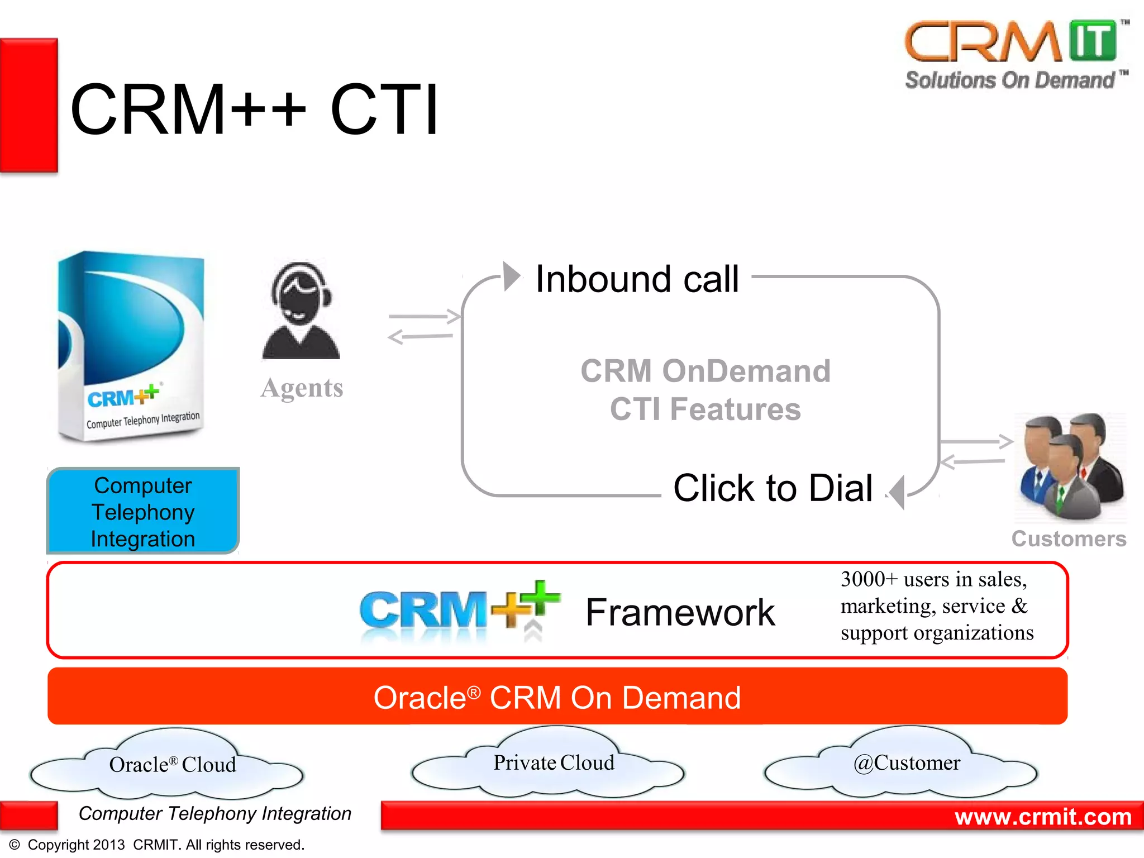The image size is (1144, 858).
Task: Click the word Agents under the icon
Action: [302, 388]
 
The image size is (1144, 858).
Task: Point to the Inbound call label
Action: [637, 279]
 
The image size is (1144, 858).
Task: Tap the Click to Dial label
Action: [773, 488]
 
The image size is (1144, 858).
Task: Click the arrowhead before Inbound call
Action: [511, 276]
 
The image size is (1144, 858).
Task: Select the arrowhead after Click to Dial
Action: [898, 492]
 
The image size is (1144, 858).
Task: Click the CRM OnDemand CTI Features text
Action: [705, 390]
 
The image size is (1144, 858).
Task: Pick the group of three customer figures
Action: [1070, 466]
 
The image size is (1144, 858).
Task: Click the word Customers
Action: [1069, 539]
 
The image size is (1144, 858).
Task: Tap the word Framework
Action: [680, 612]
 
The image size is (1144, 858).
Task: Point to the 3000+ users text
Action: [936, 606]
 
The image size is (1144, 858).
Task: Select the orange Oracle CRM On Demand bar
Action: [557, 697]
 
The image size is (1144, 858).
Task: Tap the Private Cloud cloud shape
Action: [553, 763]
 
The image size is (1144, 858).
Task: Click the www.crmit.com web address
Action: [1042, 817]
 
